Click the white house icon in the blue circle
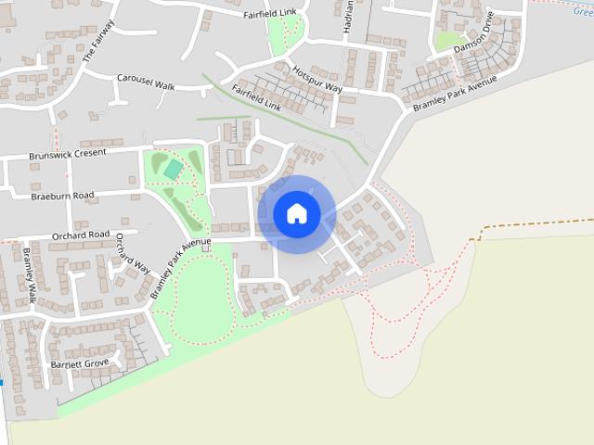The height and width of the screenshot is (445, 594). pyautogui.click(x=297, y=213)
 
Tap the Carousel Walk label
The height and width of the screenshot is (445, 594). pyautogui.click(x=146, y=84)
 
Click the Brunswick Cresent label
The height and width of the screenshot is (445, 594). pyautogui.click(x=68, y=154)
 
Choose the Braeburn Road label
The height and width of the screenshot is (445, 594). pyautogui.click(x=62, y=196)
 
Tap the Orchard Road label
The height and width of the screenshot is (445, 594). pyautogui.click(x=80, y=235)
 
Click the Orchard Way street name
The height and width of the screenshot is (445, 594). pyautogui.click(x=133, y=253)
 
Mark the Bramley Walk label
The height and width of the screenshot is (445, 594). pyautogui.click(x=29, y=275)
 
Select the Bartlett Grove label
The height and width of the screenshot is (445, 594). pyautogui.click(x=80, y=363)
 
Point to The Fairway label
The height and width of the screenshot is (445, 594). pyautogui.click(x=97, y=41)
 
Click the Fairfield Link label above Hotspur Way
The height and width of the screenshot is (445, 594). pyautogui.click(x=268, y=14)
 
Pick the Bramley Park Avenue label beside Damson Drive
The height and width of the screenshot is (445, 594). pyautogui.click(x=456, y=94)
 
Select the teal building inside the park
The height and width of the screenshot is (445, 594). pyautogui.click(x=173, y=169)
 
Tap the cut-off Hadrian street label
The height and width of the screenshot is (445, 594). pyautogui.click(x=348, y=17)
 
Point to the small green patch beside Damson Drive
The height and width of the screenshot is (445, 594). pyautogui.click(x=447, y=41)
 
